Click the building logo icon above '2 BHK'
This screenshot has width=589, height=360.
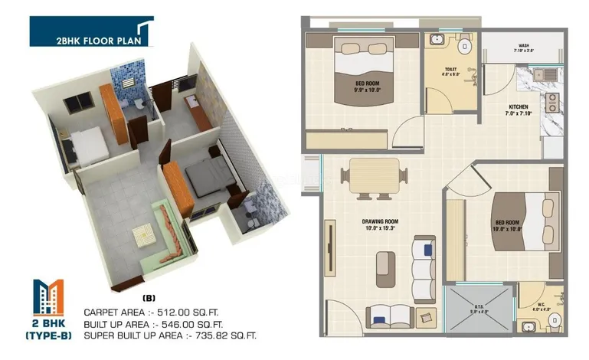[x=49, y=296]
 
